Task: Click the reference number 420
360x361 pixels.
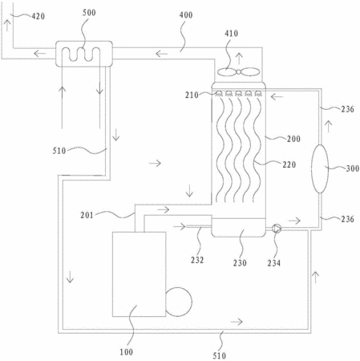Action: pyautogui.click(x=38, y=16)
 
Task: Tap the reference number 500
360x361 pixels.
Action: pyautogui.click(x=89, y=13)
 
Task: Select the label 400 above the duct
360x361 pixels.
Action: pyautogui.click(x=186, y=15)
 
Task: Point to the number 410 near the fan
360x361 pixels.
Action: pyautogui.click(x=231, y=34)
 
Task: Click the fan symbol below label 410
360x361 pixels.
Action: pyautogui.click(x=238, y=72)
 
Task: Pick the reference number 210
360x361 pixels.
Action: pyautogui.click(x=192, y=95)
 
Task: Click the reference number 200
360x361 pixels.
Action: pyautogui.click(x=293, y=139)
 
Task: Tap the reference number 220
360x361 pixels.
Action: pyautogui.click(x=289, y=164)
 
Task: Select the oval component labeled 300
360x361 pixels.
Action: pyautogui.click(x=320, y=168)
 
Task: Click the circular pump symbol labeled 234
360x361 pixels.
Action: pyautogui.click(x=277, y=229)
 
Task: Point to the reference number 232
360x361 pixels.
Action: pyautogui.click(x=197, y=260)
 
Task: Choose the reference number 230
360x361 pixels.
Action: pyautogui.click(x=240, y=263)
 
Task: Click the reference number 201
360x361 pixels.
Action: pyautogui.click(x=87, y=215)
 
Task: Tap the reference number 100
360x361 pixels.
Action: pyautogui.click(x=126, y=352)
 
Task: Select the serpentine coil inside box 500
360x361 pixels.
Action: pyautogui.click(x=81, y=55)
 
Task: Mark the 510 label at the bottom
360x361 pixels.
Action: pyautogui.click(x=220, y=355)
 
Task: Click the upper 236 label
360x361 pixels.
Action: pyautogui.click(x=347, y=109)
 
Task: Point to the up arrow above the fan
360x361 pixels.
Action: pyautogui.click(x=239, y=59)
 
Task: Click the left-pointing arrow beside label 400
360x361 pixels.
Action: pyautogui.click(x=161, y=54)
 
